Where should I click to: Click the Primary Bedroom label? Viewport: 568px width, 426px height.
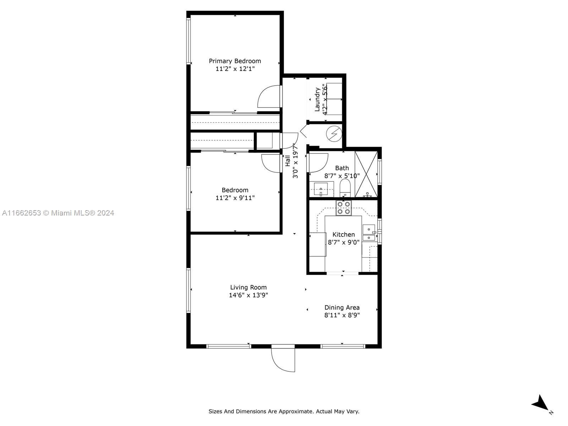[235, 61]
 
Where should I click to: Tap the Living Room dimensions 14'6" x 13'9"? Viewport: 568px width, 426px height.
[248, 295]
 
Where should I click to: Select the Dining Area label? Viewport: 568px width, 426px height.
[342, 307]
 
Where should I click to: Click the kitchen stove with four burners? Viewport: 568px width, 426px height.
[344, 208]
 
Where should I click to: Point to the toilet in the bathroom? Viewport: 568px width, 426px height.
[345, 188]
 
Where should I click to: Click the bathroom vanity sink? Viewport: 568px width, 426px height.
[321, 189]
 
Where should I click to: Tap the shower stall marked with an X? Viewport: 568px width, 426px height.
[366, 174]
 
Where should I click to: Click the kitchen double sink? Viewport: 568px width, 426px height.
[369, 233]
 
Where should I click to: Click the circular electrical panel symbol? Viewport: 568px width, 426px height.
[334, 134]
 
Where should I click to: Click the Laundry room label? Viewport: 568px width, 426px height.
[317, 99]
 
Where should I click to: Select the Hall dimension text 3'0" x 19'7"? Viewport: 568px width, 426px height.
[295, 161]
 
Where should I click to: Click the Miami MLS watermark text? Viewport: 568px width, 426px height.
[58, 213]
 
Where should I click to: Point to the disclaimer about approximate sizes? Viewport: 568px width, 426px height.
[284, 411]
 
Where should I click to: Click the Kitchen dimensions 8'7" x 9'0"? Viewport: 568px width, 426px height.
[344, 242]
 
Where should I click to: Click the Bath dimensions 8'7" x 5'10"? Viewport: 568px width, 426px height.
[342, 176]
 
